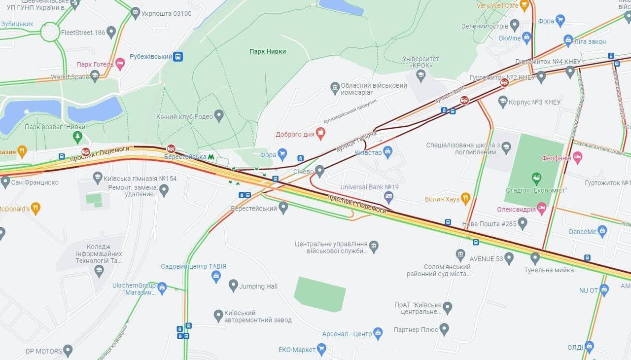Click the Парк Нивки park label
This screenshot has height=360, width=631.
pyautogui.click(x=267, y=51)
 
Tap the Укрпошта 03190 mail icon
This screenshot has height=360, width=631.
pyautogui.click(x=135, y=13)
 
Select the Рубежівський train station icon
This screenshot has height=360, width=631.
pyautogui.click(x=178, y=57)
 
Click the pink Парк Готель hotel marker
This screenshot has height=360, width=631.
pyautogui.click(x=120, y=64)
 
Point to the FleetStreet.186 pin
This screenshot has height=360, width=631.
pyautogui.click(x=111, y=33)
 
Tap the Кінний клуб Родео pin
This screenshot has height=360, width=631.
pyautogui.click(x=219, y=116)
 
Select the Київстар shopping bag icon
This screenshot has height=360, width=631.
pyautogui.click(x=387, y=152)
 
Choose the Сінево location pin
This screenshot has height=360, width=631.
pyautogui.click(x=320, y=172)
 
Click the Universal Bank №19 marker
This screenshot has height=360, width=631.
pyautogui.click(x=388, y=197)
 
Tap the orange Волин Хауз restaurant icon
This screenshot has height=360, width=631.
pyautogui.click(x=465, y=199)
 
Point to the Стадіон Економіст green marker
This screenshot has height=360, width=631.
pyautogui.click(x=536, y=179)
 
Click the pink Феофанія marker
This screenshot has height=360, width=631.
pyautogui.click(x=577, y=158)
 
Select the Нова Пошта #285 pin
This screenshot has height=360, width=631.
pyautogui.click(x=523, y=224)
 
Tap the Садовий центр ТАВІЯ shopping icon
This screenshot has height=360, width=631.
pyautogui.click(x=216, y=277)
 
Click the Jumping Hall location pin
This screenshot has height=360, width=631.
pyautogui.click(x=233, y=286)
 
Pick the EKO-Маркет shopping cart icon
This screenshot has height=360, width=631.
pyautogui.click(x=321, y=350)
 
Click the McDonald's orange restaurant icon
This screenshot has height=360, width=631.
pyautogui.click(x=35, y=209)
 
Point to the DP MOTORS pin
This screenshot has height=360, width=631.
pyautogui.click(x=68, y=351)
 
